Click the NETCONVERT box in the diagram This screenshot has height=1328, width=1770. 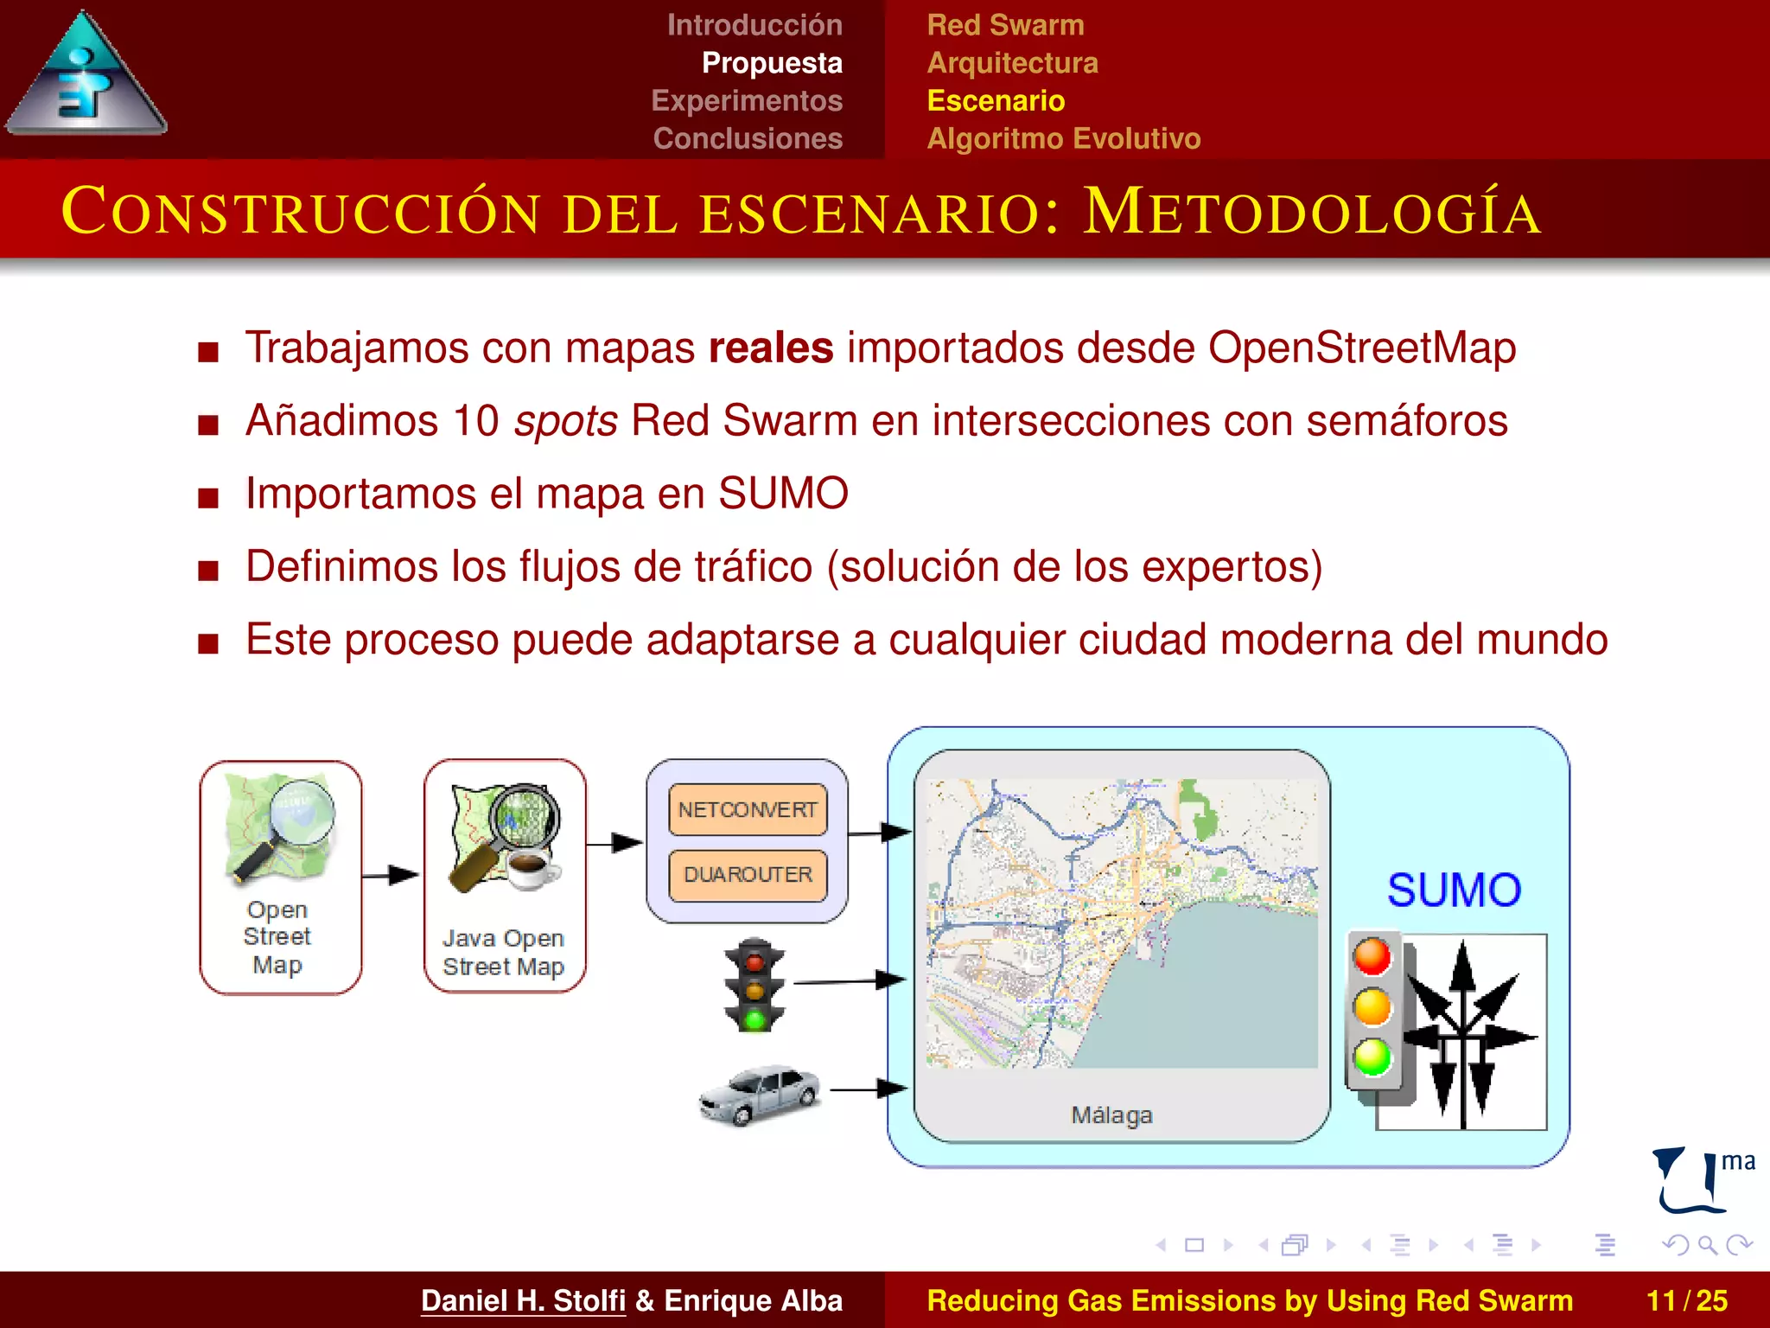748,809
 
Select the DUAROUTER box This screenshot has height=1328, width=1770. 748,875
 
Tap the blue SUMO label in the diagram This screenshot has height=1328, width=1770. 1454,891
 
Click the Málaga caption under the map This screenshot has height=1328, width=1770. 1111,1115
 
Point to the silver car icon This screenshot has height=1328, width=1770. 760,1094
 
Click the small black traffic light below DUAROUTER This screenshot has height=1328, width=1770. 754,985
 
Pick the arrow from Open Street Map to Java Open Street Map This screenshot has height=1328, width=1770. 391,875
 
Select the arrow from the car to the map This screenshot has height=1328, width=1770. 868,1089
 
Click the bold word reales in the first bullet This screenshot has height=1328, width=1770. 770,348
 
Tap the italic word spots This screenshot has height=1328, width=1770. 565,421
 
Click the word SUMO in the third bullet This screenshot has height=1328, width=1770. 783,494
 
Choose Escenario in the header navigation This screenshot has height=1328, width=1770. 996,101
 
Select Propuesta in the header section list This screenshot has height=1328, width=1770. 772,63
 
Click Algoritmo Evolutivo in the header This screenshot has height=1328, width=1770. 1063,138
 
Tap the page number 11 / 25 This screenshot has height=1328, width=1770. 1686,1300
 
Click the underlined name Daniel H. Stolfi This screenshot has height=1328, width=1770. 523,1300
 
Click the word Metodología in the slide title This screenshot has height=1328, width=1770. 1312,212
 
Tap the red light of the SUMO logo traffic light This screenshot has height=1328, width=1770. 1372,957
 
